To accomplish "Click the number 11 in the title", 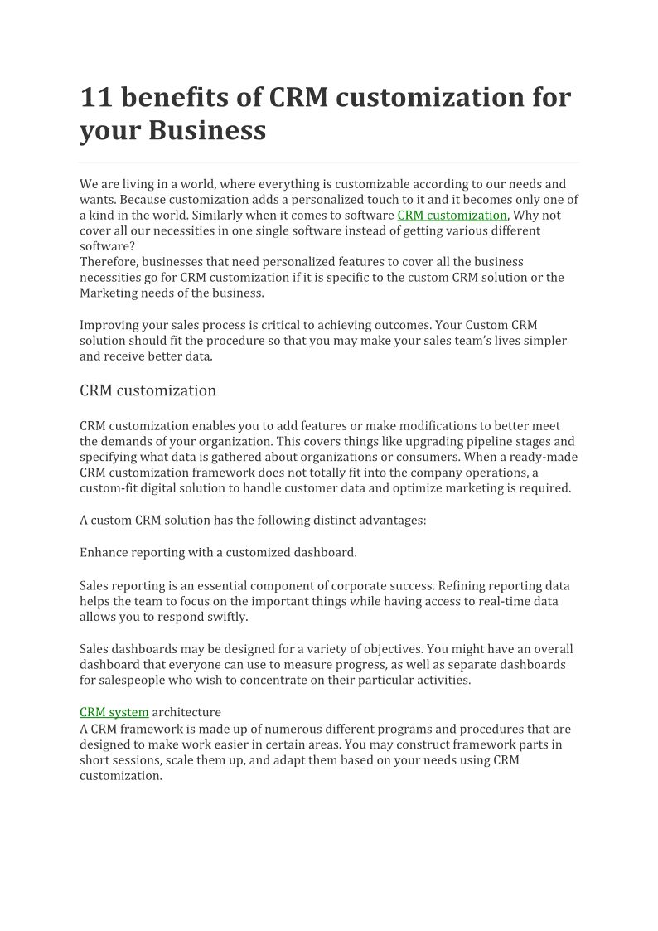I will [95, 98].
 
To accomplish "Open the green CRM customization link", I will [452, 215].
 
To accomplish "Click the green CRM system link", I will [114, 712].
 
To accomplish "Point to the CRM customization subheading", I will [148, 390].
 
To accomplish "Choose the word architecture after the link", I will [186, 712].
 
